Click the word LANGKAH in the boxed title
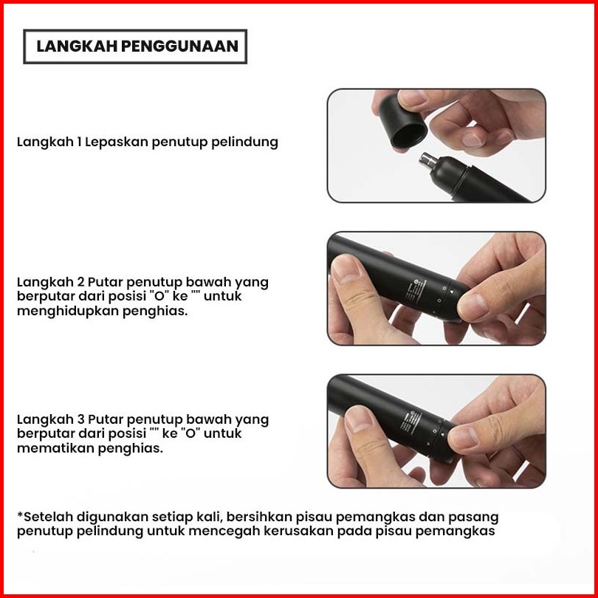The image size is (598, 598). [76, 47]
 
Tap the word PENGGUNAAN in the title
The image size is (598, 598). [179, 47]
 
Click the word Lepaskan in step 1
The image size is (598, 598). [117, 142]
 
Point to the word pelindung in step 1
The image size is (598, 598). [244, 142]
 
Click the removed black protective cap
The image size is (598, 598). [403, 121]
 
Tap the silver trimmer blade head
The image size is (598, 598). [428, 160]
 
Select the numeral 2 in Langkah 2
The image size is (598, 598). [80, 282]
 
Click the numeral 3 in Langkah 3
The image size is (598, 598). [80, 419]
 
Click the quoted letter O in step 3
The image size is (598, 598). [190, 433]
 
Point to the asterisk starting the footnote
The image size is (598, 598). [20, 515]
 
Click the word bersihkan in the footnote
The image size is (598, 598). [259, 517]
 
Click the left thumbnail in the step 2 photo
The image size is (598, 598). [346, 268]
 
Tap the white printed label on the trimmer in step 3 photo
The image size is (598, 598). [410, 422]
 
